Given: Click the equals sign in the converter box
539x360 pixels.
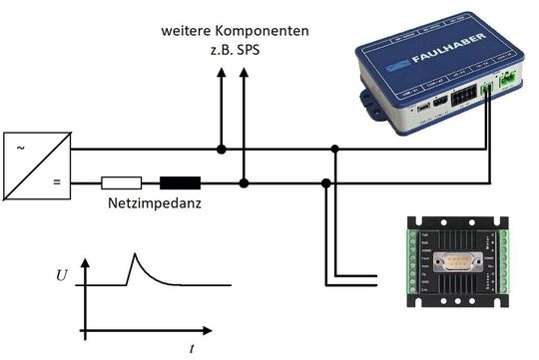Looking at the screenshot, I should (x=56, y=182).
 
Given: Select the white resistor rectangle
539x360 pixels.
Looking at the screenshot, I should (x=122, y=182).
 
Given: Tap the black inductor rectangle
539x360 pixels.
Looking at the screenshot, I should (x=181, y=182).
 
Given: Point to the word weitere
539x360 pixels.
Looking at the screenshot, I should (x=190, y=32).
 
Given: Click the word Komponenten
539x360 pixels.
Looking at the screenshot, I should (x=267, y=32).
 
